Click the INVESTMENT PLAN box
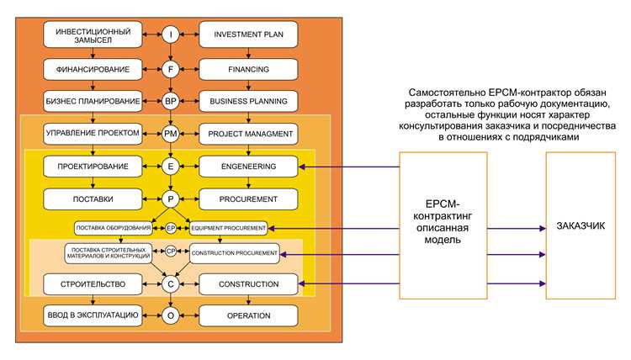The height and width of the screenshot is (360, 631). [248, 34]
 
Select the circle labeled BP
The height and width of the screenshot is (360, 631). [170, 102]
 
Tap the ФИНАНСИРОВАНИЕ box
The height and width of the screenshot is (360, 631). [93, 69]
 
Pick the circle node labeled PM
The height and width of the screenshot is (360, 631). [170, 134]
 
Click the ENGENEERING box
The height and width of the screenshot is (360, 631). [248, 167]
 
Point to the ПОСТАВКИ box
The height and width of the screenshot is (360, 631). [93, 199]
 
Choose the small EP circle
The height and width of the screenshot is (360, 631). [171, 228]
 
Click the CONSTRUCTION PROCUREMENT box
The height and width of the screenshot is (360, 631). [234, 253]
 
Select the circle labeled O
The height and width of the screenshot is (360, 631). [170, 315]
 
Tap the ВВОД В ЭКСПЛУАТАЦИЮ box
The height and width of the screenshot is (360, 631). [93, 315]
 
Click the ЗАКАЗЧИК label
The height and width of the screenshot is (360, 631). [581, 226]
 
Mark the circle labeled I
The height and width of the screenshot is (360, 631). [170, 34]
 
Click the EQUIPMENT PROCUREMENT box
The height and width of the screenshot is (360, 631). [228, 228]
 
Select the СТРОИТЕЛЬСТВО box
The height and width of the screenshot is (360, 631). [93, 284]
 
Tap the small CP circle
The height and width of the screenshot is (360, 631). [171, 251]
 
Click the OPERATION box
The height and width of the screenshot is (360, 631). [248, 315]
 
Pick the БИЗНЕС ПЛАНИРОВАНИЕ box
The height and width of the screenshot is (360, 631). [93, 102]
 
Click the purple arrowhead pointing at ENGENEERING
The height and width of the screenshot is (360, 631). [302, 167]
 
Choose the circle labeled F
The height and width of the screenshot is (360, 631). [170, 69]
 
